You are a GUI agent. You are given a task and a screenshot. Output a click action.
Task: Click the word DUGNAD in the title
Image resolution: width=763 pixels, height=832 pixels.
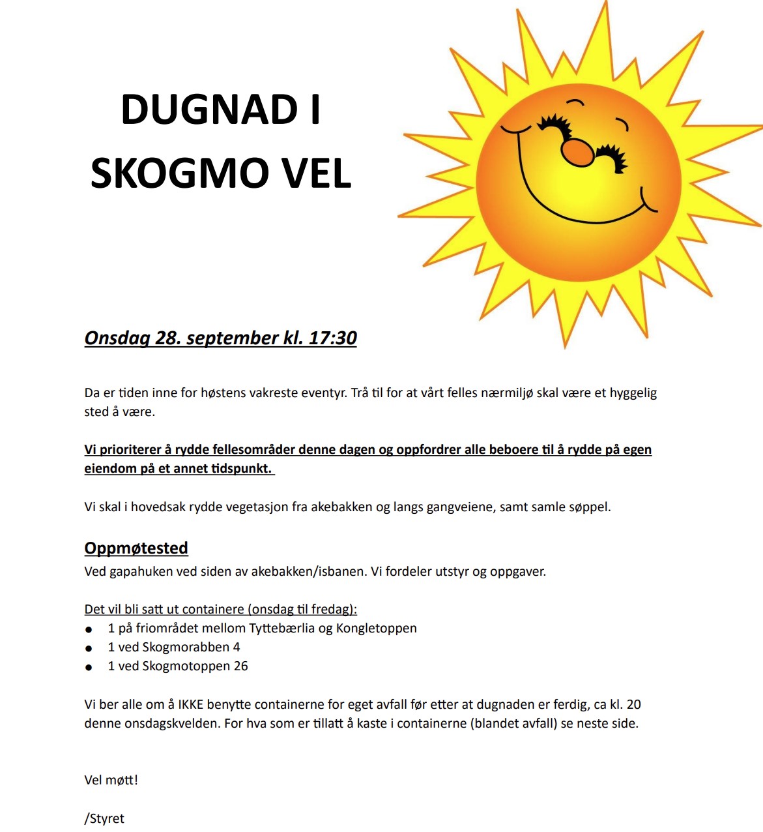(210, 109)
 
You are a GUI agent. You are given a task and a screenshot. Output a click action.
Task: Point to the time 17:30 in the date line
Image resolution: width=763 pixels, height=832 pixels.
(332, 338)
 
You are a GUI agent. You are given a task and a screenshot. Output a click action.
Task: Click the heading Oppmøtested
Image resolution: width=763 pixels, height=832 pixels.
(136, 548)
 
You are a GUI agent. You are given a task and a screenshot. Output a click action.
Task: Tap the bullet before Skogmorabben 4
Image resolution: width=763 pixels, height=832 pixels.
(89, 648)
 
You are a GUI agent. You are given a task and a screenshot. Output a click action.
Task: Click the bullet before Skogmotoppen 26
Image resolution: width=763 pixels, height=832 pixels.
(89, 667)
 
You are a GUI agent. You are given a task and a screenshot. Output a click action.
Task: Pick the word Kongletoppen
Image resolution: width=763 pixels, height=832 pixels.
(376, 628)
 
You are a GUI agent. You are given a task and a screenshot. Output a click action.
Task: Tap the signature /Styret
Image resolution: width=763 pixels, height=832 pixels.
(104, 818)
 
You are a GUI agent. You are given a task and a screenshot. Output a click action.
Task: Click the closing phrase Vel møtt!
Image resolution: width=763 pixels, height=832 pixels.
(111, 780)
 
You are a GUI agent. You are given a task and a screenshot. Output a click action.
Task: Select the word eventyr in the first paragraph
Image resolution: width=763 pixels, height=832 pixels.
(324, 393)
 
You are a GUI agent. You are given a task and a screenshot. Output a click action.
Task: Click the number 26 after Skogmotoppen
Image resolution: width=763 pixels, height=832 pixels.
(241, 666)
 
